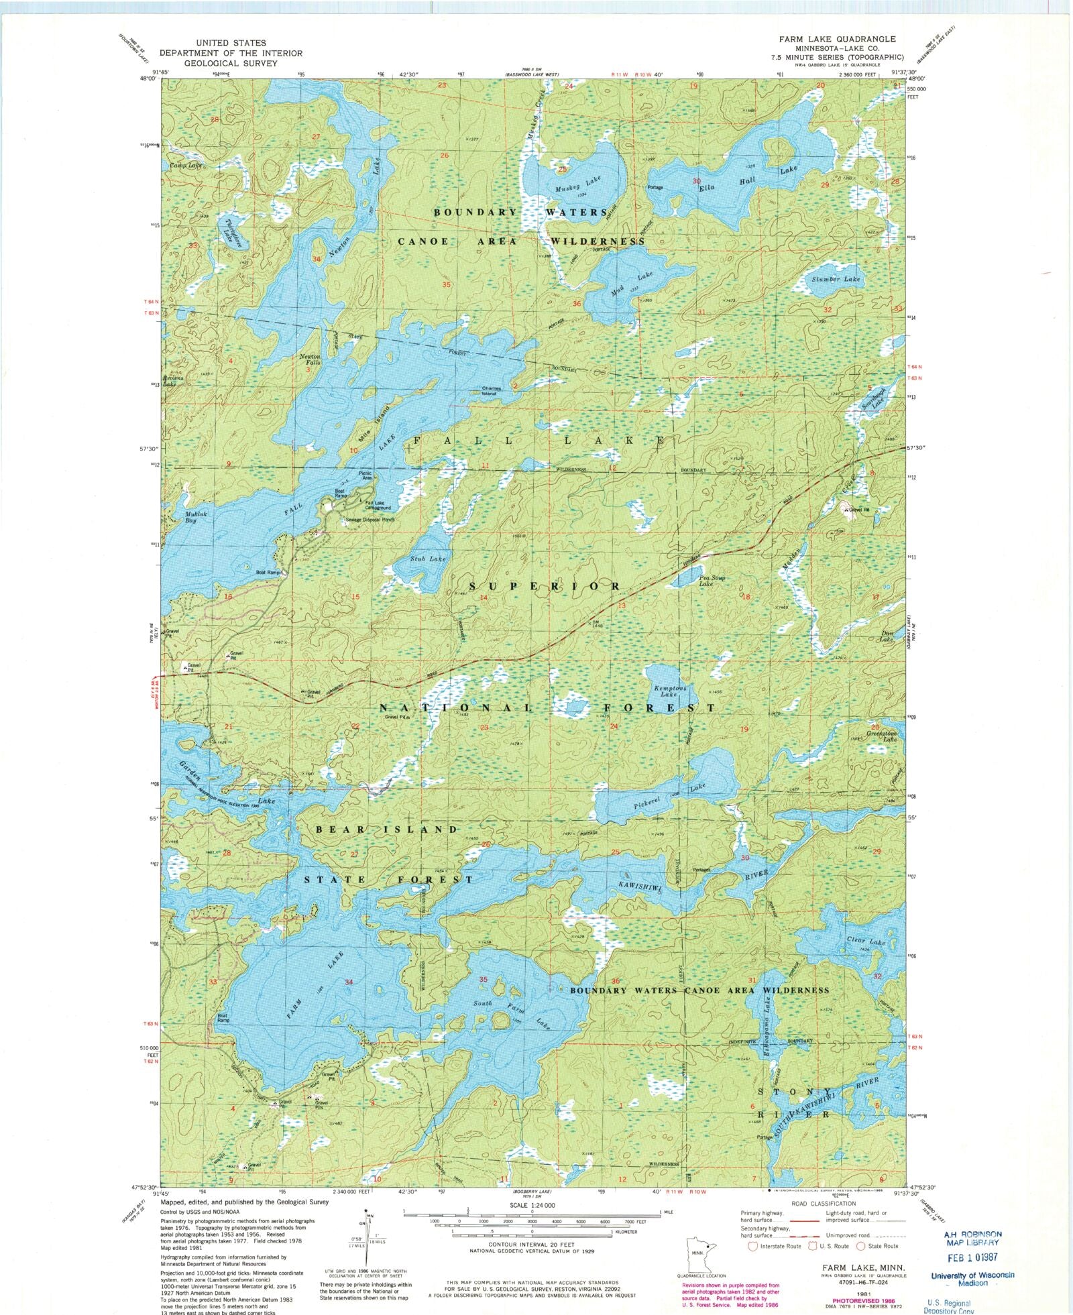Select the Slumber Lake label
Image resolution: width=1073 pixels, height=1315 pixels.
(x=835, y=279)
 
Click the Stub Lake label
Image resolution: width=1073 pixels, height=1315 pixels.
(x=428, y=559)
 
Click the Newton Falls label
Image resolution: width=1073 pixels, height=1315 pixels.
(x=310, y=359)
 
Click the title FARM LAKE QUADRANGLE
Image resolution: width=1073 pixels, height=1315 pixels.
(x=837, y=39)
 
